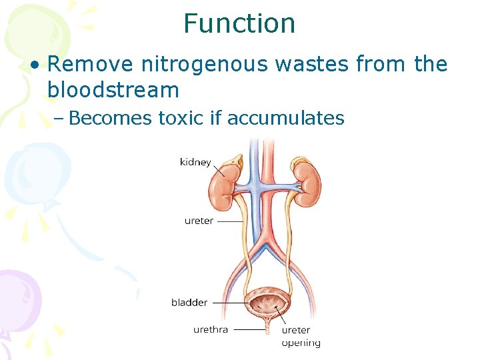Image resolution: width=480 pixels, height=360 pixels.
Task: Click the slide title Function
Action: point(239,24)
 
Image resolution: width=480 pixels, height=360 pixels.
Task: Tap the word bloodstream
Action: point(113,89)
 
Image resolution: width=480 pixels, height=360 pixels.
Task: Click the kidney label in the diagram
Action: point(195,162)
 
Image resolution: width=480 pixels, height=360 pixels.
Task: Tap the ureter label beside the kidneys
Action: point(199,221)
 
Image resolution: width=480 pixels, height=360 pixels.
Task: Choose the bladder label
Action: point(189,303)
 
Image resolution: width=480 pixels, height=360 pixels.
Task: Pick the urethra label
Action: point(211,329)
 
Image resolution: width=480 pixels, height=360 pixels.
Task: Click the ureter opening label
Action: point(301,336)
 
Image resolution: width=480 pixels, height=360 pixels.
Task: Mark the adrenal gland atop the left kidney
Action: point(235,163)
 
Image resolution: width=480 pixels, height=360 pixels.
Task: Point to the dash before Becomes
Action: point(59,119)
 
